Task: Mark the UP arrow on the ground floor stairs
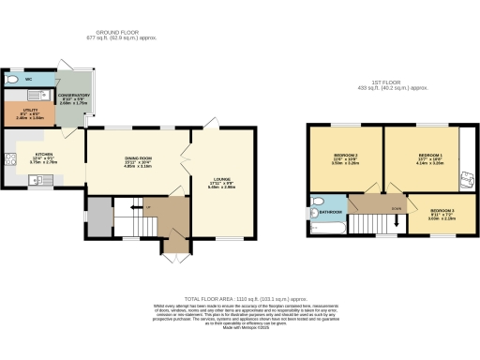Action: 134,207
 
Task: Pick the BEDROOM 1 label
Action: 430,154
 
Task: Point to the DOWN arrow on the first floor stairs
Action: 396,210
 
